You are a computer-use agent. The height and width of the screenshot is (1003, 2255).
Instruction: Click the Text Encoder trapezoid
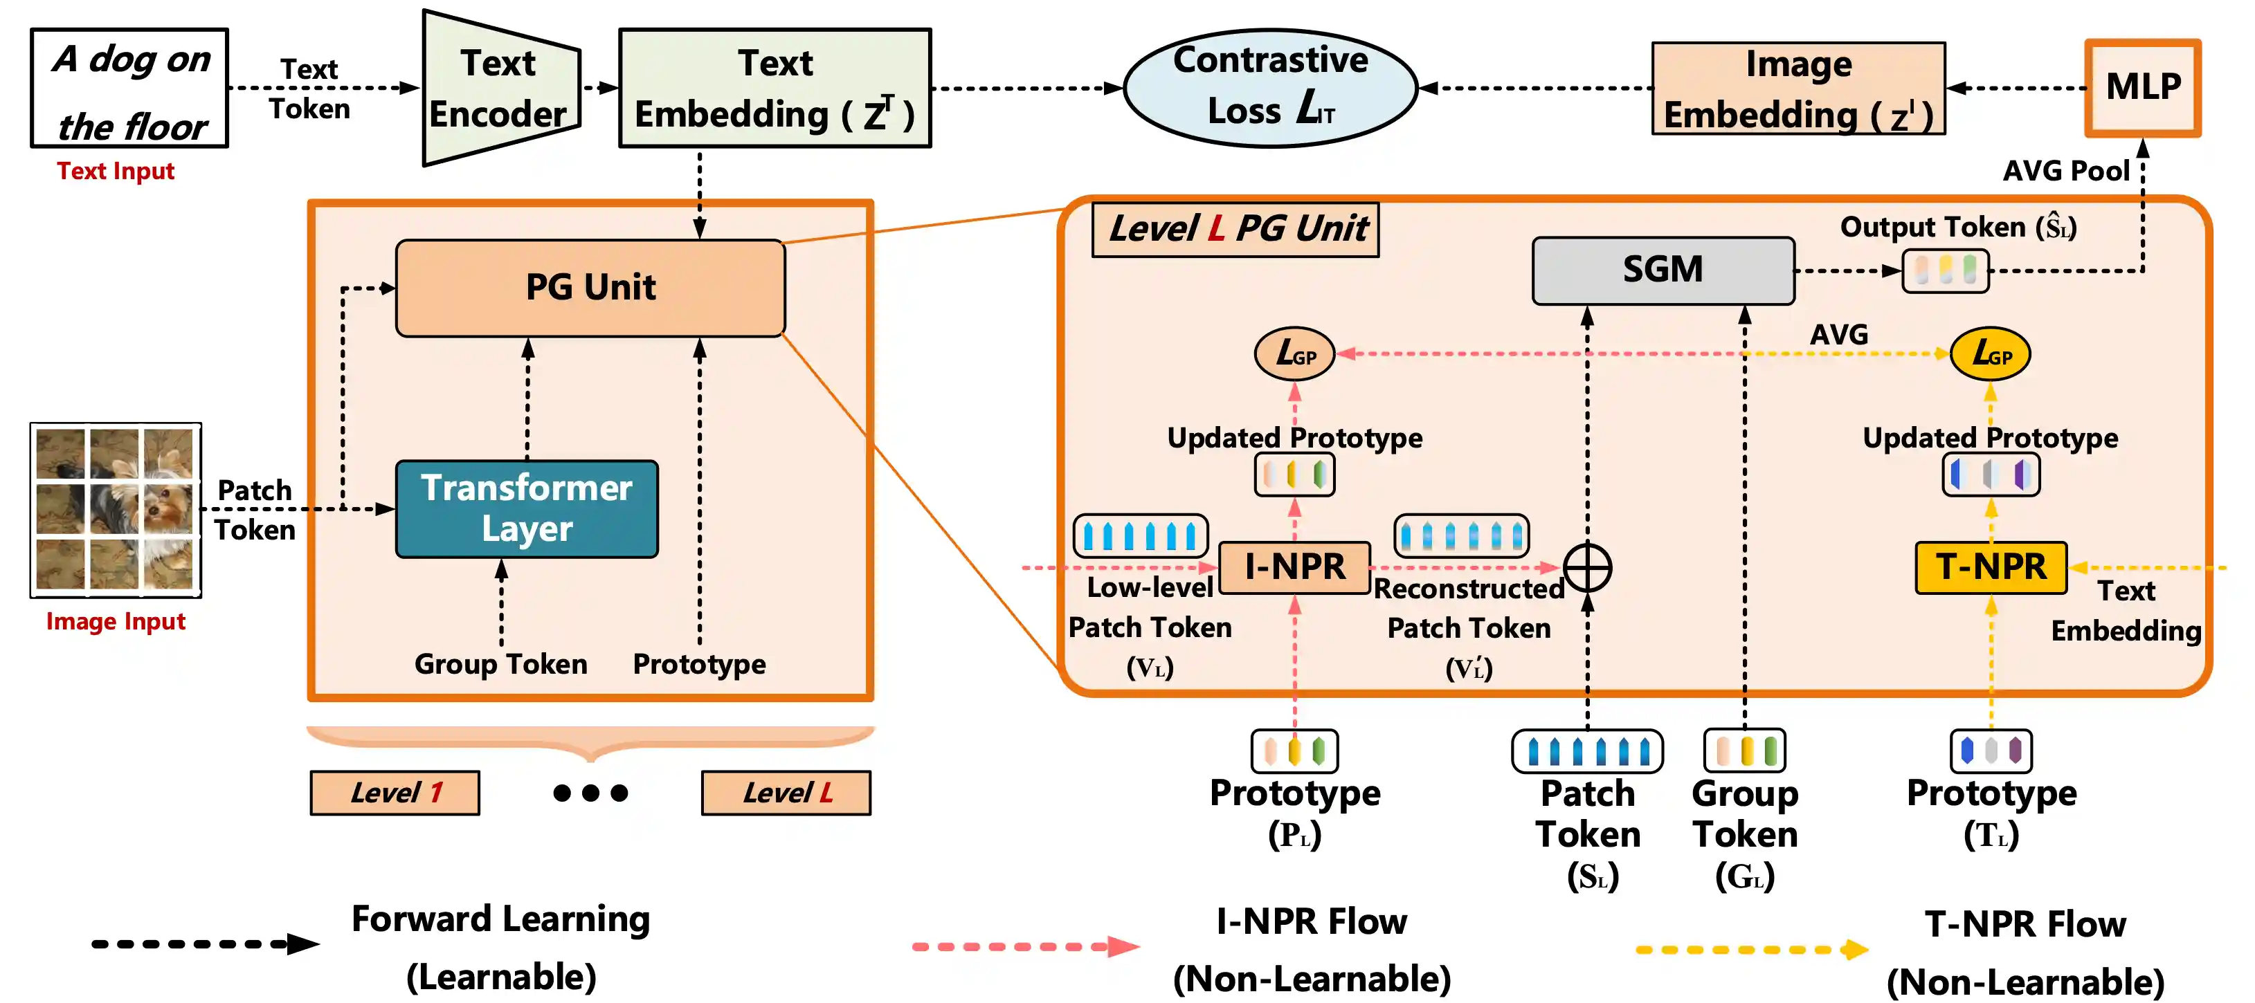500,89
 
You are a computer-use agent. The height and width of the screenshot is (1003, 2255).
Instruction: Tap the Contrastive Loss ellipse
1269,88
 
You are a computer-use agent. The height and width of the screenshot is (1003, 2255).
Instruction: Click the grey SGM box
1663,270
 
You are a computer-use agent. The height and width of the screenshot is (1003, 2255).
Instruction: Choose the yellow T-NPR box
1991,567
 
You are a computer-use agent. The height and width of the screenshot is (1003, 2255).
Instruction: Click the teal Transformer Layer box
527,508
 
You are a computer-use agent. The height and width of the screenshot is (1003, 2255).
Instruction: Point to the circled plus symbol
1587,567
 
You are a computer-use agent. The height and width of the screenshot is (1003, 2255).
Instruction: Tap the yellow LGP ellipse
1990,353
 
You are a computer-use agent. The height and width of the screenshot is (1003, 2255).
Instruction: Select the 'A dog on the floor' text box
129,89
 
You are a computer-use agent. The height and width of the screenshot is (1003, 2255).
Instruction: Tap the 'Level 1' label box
395,793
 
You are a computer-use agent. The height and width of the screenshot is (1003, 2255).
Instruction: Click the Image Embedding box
1798,89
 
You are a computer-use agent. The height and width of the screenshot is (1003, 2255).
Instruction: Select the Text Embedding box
775,89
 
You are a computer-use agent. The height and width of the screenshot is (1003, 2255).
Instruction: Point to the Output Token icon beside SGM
1945,270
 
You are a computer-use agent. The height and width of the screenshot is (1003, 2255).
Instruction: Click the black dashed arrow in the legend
205,944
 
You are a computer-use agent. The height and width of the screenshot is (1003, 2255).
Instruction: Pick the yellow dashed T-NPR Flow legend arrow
1751,949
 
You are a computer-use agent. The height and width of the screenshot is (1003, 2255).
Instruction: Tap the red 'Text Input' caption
116,171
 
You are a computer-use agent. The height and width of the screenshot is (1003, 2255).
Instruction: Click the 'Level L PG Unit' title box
1235,230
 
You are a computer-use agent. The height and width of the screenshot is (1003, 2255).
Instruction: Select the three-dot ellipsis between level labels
591,793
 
